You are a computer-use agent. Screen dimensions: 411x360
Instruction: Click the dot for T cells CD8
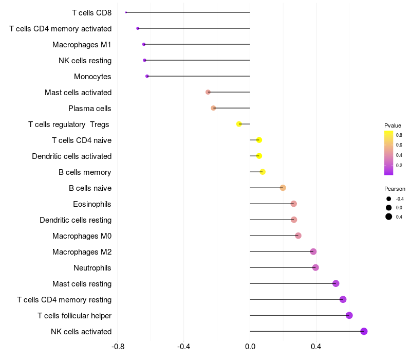click(x=126, y=12)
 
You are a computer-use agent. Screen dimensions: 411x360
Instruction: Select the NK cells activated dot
click(x=364, y=331)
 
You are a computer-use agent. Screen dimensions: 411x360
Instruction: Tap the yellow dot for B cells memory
click(x=263, y=172)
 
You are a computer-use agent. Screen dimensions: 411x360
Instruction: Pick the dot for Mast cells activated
click(x=208, y=92)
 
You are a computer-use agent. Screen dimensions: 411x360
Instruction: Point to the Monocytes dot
click(x=147, y=76)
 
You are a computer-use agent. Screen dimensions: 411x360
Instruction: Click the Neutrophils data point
click(x=315, y=267)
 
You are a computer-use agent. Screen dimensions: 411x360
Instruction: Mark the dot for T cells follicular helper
click(x=349, y=315)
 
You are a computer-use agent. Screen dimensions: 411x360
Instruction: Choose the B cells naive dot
click(x=283, y=188)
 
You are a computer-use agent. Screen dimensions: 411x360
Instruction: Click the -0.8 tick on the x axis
click(x=118, y=347)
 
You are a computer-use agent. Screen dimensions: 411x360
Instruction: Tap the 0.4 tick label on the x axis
click(x=316, y=347)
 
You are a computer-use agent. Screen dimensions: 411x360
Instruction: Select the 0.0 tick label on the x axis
click(x=250, y=347)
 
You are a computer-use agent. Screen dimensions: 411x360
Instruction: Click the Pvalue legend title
click(x=393, y=125)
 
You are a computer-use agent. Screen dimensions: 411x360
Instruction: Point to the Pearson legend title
click(x=395, y=189)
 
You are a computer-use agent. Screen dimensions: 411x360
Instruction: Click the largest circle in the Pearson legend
click(x=389, y=217)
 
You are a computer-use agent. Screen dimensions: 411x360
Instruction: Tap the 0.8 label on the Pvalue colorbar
click(x=399, y=135)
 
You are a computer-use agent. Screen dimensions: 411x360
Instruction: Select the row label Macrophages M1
click(x=82, y=45)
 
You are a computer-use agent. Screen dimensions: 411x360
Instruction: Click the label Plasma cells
click(x=89, y=109)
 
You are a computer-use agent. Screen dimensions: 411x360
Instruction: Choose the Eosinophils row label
click(x=92, y=204)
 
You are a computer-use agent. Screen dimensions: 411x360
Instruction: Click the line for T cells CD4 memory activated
click(x=194, y=28)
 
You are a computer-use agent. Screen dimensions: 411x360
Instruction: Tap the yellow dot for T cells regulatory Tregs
click(x=239, y=124)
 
